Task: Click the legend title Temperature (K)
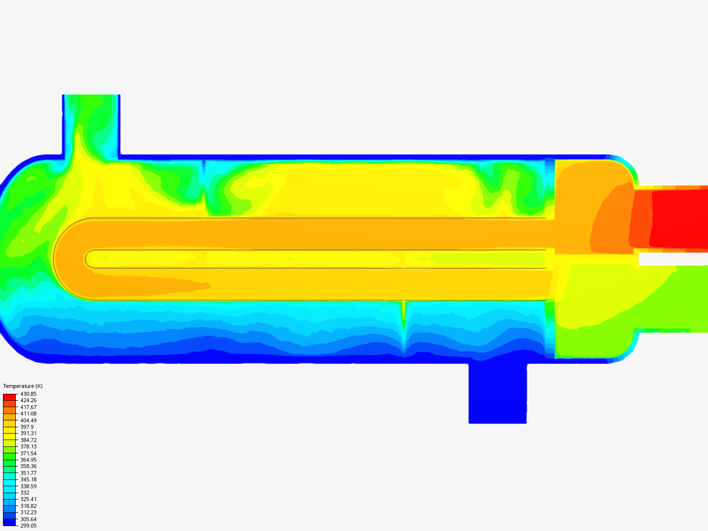click(x=23, y=386)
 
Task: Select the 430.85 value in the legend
click(x=29, y=394)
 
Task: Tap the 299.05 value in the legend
click(x=29, y=526)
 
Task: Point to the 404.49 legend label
click(x=29, y=420)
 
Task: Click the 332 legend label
click(x=25, y=493)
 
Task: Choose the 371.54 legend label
click(x=29, y=453)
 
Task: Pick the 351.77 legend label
click(x=29, y=473)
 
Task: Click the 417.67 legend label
click(x=29, y=407)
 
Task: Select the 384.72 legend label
click(x=29, y=440)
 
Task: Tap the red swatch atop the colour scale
click(x=9, y=397)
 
